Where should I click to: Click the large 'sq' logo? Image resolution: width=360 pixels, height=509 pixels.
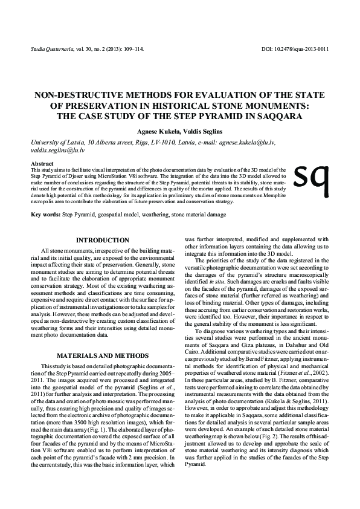point(310,174)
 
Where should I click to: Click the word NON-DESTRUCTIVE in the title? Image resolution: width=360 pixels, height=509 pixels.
point(73,96)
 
